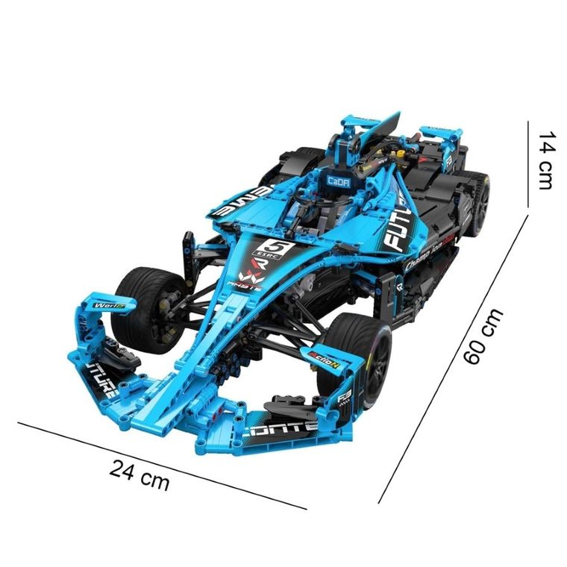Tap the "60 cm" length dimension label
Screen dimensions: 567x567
(x=483, y=336)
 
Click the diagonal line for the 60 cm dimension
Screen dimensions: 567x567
(x=455, y=358)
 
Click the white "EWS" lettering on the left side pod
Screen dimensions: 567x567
(x=237, y=204)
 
